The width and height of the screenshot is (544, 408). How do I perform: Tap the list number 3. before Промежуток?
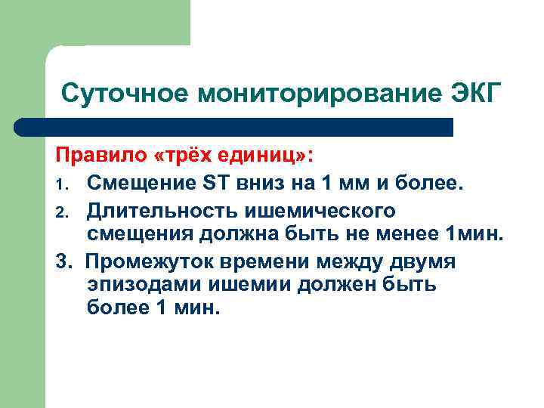tap(65, 261)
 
